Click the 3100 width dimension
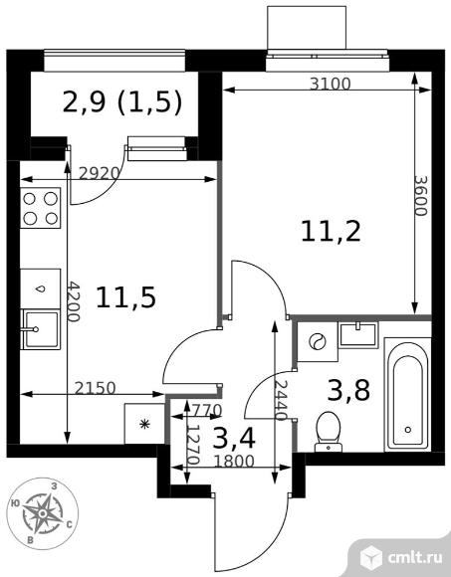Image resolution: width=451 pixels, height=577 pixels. [330, 85]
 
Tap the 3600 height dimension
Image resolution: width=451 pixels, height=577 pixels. [420, 195]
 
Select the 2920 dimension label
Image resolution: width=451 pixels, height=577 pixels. [100, 173]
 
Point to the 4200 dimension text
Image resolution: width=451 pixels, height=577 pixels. [74, 301]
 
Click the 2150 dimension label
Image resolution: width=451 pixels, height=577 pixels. [95, 388]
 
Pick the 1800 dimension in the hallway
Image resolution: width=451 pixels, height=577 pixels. [234, 461]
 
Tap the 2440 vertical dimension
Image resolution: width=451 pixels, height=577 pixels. [281, 400]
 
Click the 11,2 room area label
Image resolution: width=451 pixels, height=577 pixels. [331, 232]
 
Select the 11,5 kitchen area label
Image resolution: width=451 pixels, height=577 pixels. [125, 297]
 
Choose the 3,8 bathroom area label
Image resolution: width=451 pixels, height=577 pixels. [348, 390]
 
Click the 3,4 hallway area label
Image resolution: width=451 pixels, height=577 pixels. [234, 439]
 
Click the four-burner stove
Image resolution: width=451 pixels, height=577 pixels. [41, 208]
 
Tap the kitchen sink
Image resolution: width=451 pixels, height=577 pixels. [41, 329]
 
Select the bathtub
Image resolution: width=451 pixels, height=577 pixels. [408, 395]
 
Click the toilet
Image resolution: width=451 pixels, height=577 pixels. [329, 432]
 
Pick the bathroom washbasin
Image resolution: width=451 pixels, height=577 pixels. [358, 335]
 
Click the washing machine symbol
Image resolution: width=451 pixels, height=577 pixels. [318, 342]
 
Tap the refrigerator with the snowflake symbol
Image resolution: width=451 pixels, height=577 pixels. [144, 424]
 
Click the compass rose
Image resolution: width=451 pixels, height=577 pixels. [43, 513]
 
